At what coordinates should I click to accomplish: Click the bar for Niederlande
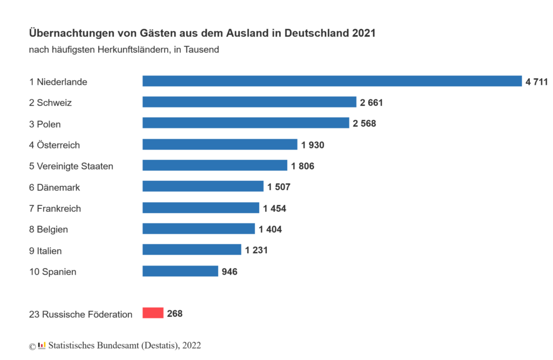(x=332, y=81)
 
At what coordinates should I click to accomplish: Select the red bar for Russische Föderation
(x=153, y=313)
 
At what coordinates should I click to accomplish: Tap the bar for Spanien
(x=180, y=271)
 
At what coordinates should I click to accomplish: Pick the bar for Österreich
(x=220, y=145)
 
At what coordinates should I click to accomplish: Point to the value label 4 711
(x=537, y=81)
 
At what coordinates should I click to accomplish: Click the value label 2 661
(x=372, y=103)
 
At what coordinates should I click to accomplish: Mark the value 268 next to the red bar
(x=175, y=314)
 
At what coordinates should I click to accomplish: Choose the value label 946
(x=230, y=271)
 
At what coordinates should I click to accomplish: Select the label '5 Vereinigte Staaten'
(x=71, y=166)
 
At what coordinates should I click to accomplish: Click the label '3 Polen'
(x=45, y=124)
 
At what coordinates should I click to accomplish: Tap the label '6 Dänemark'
(x=55, y=187)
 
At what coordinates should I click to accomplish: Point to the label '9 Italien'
(x=45, y=251)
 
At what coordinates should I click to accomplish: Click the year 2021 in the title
(x=363, y=33)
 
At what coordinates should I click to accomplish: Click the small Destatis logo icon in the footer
(x=42, y=345)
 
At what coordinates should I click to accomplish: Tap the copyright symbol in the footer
(x=32, y=346)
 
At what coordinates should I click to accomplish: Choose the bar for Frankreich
(x=201, y=208)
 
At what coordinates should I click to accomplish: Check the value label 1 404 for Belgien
(x=270, y=229)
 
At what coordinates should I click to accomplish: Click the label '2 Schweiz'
(x=51, y=103)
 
